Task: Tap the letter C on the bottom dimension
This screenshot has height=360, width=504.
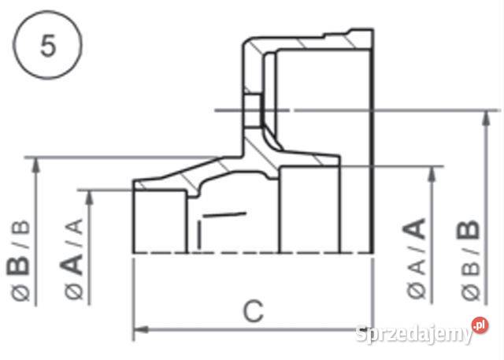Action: point(252,312)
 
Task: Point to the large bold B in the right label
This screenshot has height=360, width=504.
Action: point(470,230)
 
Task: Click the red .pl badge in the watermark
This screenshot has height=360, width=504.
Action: point(480,325)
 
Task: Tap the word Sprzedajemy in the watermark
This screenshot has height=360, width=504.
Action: point(412,334)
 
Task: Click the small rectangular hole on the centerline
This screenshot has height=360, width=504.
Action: point(252,109)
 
